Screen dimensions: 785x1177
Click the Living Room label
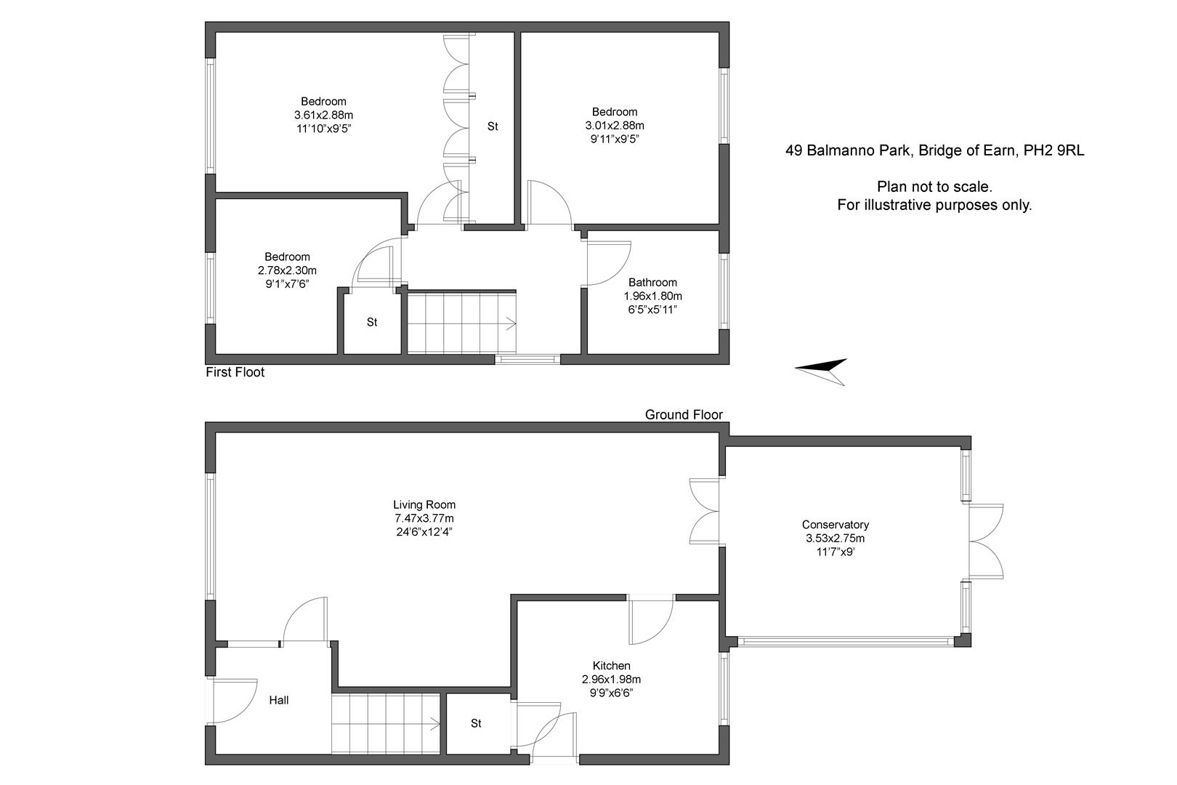tap(424, 504)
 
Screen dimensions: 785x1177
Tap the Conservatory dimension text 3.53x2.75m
tap(835, 539)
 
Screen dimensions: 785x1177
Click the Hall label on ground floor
tap(278, 700)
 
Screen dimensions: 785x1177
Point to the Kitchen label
tap(611, 666)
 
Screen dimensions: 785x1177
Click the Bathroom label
tap(652, 282)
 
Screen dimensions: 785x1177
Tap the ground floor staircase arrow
tap(433, 724)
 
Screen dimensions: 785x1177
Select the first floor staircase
tap(461, 323)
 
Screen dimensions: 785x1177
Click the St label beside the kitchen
tap(476, 723)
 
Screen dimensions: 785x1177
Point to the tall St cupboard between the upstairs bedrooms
tap(493, 126)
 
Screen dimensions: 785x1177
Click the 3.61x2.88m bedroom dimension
tap(323, 115)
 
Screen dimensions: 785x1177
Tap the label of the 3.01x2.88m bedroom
tap(614, 112)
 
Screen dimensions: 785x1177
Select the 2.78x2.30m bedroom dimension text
tap(287, 270)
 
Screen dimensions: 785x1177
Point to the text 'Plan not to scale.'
tap(934, 187)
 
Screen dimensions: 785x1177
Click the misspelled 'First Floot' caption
tap(235, 373)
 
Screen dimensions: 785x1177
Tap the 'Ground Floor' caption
tap(684, 414)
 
